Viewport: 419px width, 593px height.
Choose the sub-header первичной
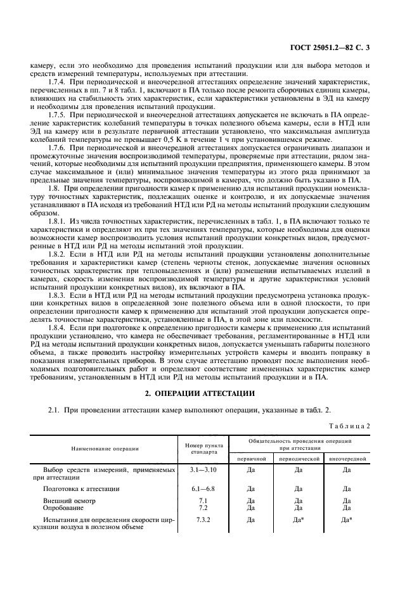tap(251, 456)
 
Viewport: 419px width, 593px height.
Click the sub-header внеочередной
tap(347, 456)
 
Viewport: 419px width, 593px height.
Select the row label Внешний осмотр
tap(67, 501)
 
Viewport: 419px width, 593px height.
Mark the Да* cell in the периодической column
tap(299, 520)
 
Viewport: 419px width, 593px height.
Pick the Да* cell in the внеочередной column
tap(347, 520)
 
